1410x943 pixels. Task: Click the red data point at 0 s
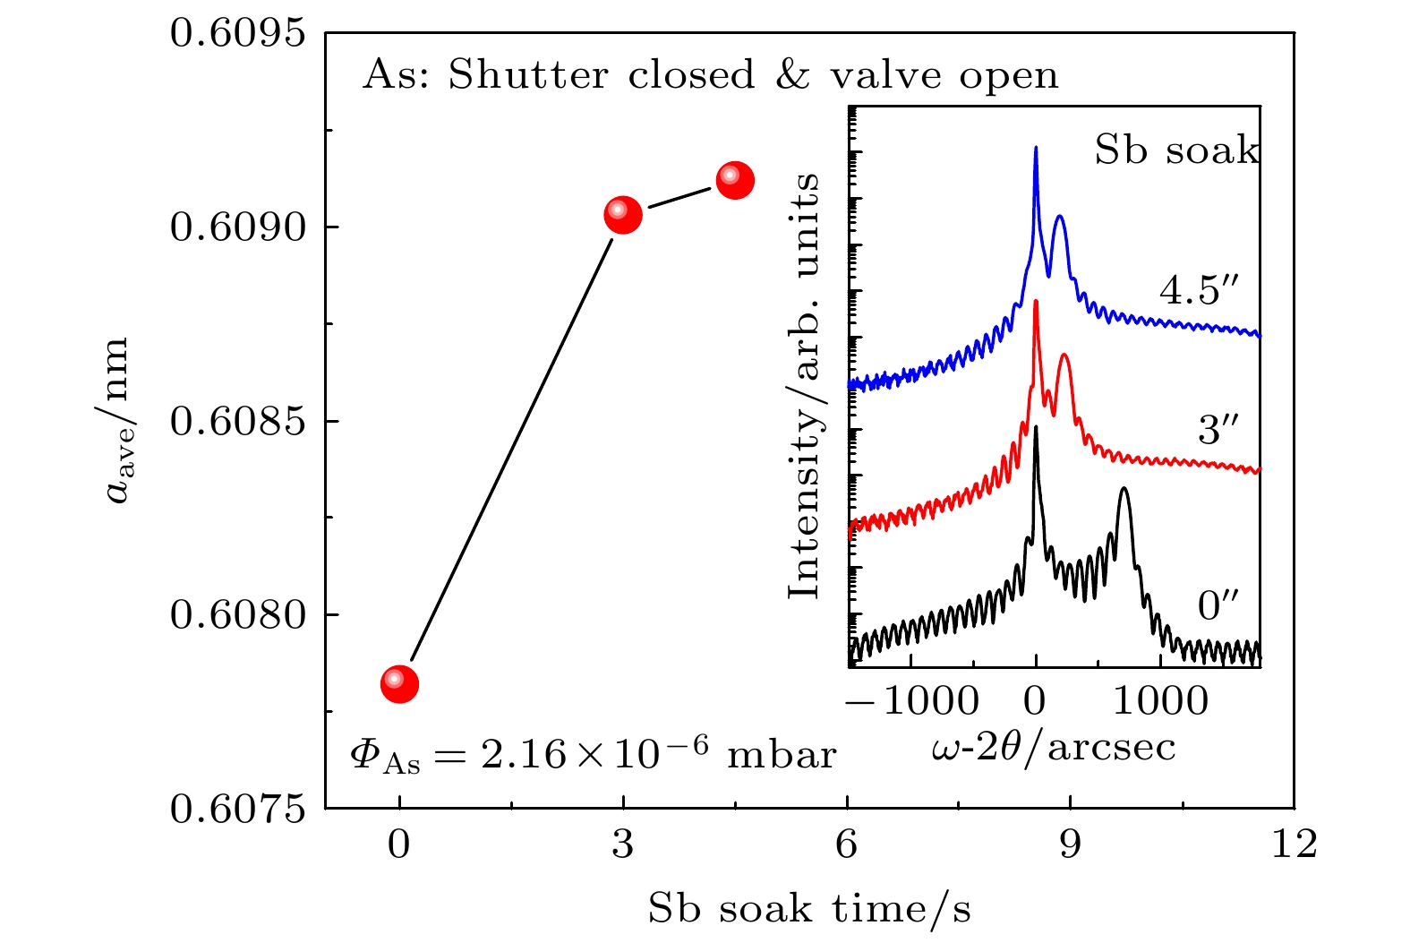399,684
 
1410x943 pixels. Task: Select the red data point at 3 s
623,214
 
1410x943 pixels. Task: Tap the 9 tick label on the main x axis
1071,844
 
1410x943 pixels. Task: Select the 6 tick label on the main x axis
847,844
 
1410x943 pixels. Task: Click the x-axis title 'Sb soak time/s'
809,908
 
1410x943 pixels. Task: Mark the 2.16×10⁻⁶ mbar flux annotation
593,755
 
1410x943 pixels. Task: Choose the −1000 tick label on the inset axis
911,699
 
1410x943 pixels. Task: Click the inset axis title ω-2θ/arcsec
1053,746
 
